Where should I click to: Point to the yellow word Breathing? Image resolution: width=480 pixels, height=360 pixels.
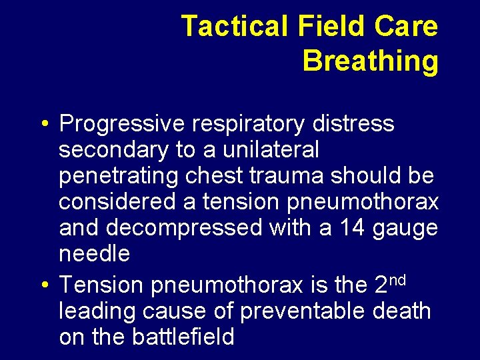[x=371, y=61]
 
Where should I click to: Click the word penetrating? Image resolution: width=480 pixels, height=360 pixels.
[x=117, y=177]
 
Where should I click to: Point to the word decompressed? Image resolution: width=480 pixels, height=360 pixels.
[x=184, y=228]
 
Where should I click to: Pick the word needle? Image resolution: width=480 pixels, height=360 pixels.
[x=95, y=254]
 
